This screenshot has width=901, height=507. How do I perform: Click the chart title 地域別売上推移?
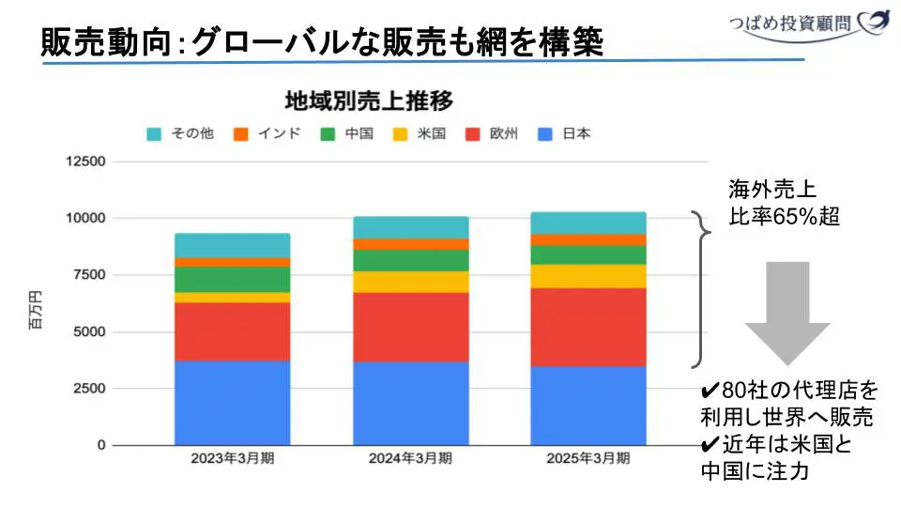pyautogui.click(x=369, y=100)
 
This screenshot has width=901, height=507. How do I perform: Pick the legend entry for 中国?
pyautogui.click(x=347, y=133)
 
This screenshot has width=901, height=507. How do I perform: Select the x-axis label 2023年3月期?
pyautogui.click(x=233, y=459)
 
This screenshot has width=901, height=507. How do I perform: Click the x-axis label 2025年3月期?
pyautogui.click(x=588, y=459)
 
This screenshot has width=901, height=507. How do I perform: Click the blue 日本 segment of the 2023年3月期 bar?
pyautogui.click(x=233, y=402)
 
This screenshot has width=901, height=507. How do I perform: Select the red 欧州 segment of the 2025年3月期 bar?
pyautogui.click(x=588, y=327)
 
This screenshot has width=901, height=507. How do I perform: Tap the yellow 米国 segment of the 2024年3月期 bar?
pyautogui.click(x=410, y=282)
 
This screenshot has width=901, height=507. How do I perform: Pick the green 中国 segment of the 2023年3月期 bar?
pyautogui.click(x=233, y=280)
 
